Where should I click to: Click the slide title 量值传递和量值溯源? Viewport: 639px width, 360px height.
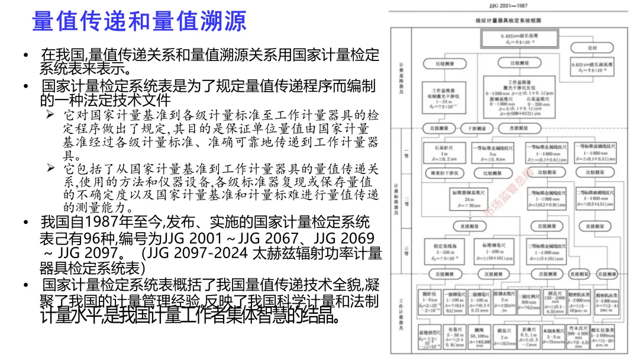[138, 21]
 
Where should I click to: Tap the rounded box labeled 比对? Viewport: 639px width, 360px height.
[592, 47]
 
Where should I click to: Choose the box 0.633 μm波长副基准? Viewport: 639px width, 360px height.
[592, 66]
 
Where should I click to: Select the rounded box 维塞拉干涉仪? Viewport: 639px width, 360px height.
[443, 173]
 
